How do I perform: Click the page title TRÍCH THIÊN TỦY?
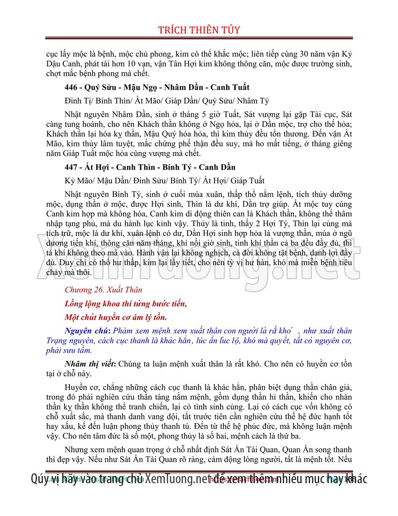[199, 30]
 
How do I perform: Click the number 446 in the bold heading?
[72, 87]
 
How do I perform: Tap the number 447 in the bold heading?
[72, 167]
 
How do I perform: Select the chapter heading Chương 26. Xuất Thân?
[103, 290]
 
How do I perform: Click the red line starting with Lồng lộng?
[126, 304]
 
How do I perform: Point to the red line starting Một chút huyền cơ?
[116, 317]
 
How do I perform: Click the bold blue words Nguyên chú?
[85, 331]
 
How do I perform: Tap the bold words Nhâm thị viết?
[89, 364]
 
